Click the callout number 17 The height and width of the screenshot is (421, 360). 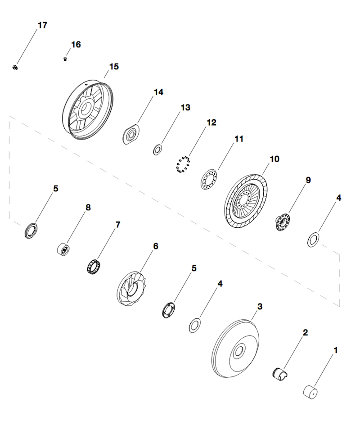pyautogui.click(x=42, y=25)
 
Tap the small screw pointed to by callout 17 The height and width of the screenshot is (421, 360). pyautogui.click(x=15, y=68)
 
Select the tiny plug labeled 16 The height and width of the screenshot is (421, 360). pyautogui.click(x=65, y=59)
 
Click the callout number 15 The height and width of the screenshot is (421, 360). pyautogui.click(x=114, y=67)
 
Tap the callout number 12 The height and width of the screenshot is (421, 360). pyautogui.click(x=211, y=122)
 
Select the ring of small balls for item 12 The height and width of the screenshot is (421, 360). pyautogui.click(x=183, y=165)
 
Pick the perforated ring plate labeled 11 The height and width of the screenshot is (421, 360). pyautogui.click(x=209, y=179)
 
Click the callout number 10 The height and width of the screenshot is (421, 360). pyautogui.click(x=274, y=159)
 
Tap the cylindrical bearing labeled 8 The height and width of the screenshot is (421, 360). pyautogui.click(x=64, y=248)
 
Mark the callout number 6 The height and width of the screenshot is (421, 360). pyautogui.click(x=156, y=246)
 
